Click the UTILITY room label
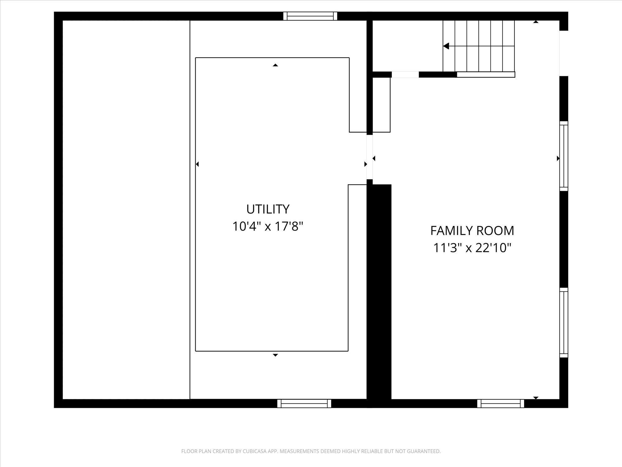(x=268, y=209)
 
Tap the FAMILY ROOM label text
(x=472, y=231)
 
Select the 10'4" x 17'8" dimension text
(x=268, y=226)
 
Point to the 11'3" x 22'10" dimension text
(x=472, y=248)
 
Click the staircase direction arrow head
(x=446, y=46)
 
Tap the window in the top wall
(x=310, y=16)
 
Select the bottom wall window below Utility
(x=304, y=403)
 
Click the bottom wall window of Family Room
(x=501, y=403)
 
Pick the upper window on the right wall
(x=564, y=156)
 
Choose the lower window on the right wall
(x=564, y=323)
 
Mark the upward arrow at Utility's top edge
(x=275, y=65)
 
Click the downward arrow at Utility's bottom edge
(x=275, y=355)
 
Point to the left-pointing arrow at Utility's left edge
(x=197, y=164)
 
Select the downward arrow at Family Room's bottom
(x=536, y=398)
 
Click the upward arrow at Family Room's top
(x=536, y=22)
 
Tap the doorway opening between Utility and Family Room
(x=369, y=157)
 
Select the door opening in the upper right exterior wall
(x=564, y=53)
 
